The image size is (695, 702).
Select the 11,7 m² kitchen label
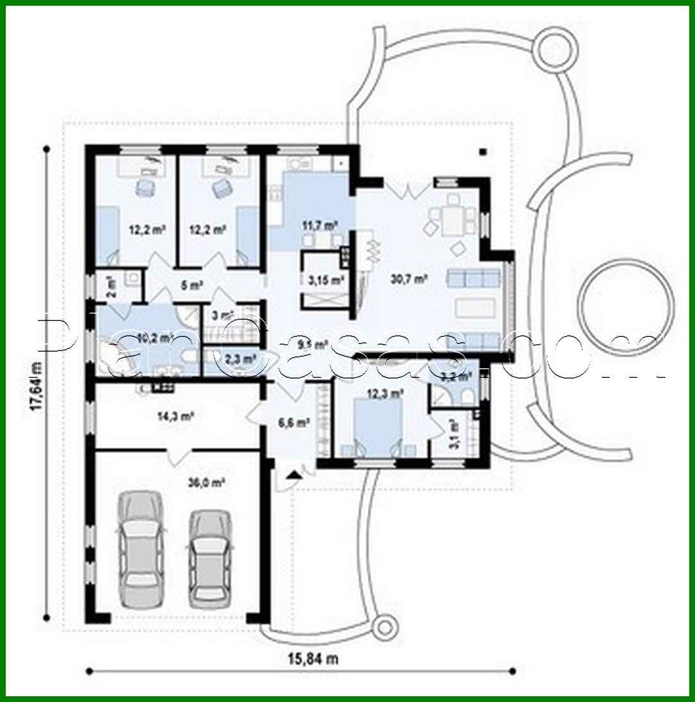click(319, 225)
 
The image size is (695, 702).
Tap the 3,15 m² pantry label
click(326, 279)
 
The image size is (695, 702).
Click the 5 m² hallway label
click(193, 286)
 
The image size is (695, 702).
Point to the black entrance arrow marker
click(294, 474)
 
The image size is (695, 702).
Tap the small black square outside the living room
click(484, 152)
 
